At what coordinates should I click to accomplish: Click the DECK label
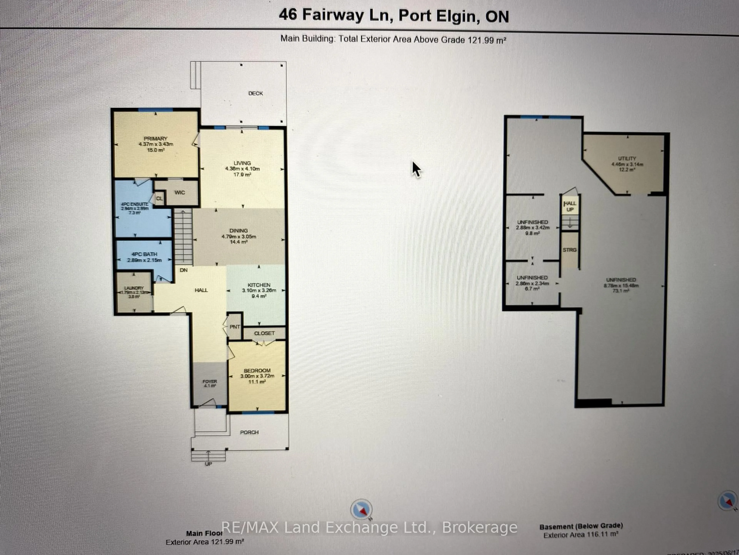pyautogui.click(x=256, y=93)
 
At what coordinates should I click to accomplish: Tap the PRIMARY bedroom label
pyautogui.click(x=155, y=139)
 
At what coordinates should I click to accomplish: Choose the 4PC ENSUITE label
pyautogui.click(x=135, y=204)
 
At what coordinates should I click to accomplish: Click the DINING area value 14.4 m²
pyautogui.click(x=238, y=242)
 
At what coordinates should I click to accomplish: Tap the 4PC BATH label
pyautogui.click(x=144, y=254)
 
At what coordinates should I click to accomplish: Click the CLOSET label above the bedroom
pyautogui.click(x=264, y=333)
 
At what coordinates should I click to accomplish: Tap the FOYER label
pyautogui.click(x=210, y=381)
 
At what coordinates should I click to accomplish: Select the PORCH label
pyautogui.click(x=249, y=432)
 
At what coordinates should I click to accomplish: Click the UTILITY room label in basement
pyautogui.click(x=627, y=159)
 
